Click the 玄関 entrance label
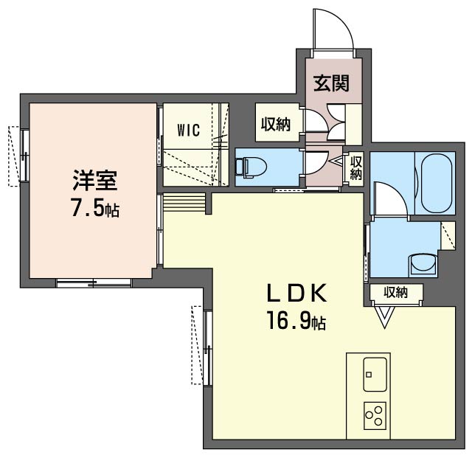pyautogui.click(x=331, y=83)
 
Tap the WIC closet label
pyautogui.click(x=189, y=131)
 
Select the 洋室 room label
pyautogui.click(x=94, y=180)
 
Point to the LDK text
pyautogui.click(x=296, y=294)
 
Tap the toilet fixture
pyautogui.click(x=251, y=167)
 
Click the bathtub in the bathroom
pyautogui.click(x=436, y=184)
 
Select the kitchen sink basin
pyautogui.click(x=375, y=374)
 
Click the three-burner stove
pyautogui.click(x=375, y=415)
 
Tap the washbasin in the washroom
pyautogui.click(x=423, y=264)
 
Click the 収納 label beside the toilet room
pyautogui.click(x=275, y=124)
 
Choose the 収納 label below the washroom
pyautogui.click(x=395, y=292)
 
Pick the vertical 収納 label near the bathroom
pyautogui.click(x=355, y=168)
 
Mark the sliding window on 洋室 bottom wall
pyautogui.click(x=94, y=283)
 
